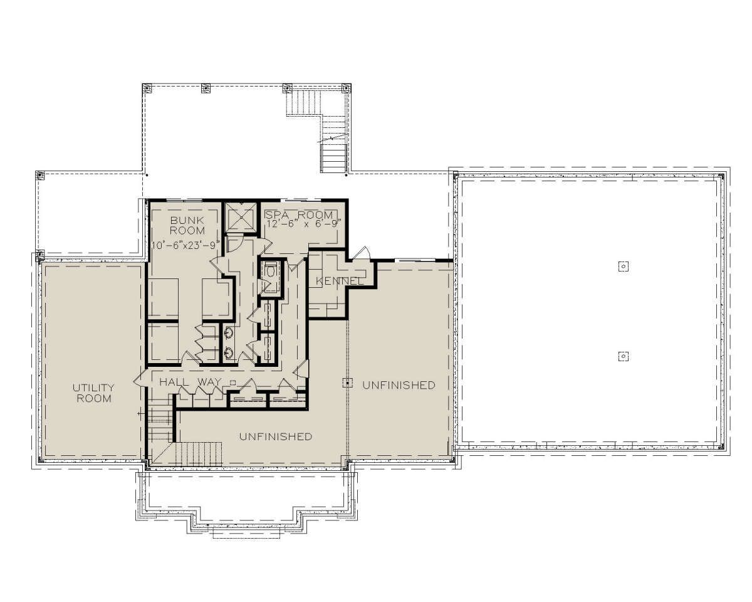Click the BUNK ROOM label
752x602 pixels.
(187, 225)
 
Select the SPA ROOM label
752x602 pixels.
(299, 214)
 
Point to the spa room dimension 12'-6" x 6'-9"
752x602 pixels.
(303, 224)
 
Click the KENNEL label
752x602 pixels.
(338, 281)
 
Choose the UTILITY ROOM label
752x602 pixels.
(93, 393)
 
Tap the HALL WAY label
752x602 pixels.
(191, 382)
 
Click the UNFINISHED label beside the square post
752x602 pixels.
(399, 385)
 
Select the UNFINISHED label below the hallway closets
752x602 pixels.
(276, 436)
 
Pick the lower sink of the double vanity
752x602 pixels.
(229, 352)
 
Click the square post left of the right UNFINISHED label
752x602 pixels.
(348, 383)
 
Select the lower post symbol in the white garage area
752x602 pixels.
(624, 356)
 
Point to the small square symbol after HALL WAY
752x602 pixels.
(233, 383)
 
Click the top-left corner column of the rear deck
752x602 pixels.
(147, 88)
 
